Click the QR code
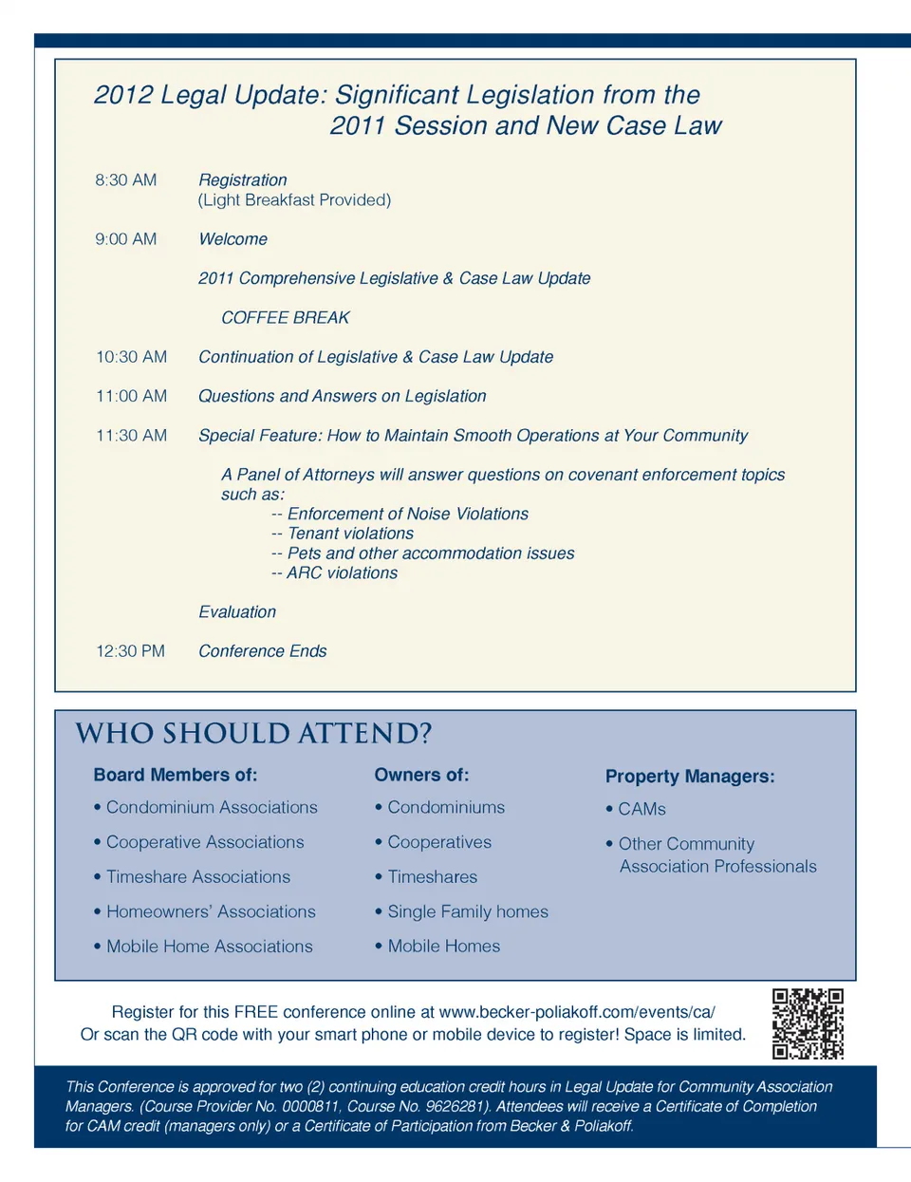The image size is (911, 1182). click(808, 1023)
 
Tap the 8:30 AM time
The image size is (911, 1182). click(126, 180)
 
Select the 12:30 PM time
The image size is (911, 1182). click(131, 651)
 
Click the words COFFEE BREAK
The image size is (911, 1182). click(286, 318)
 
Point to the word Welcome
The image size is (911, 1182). click(232, 239)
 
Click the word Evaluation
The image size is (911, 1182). click(237, 612)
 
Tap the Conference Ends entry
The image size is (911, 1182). click(262, 651)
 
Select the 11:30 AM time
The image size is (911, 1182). click(132, 436)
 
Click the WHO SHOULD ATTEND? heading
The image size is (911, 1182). click(253, 734)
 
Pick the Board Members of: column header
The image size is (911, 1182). click(176, 775)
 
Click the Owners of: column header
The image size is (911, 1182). click(421, 775)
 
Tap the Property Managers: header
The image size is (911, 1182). click(690, 777)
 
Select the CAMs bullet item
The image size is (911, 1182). click(641, 809)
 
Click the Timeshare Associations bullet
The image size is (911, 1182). click(197, 877)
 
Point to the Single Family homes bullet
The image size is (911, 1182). click(467, 911)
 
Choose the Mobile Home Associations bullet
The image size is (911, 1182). click(209, 947)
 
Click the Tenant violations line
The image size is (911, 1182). click(350, 534)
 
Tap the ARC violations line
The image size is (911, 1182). click(342, 573)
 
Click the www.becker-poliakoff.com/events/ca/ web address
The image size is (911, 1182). click(577, 1012)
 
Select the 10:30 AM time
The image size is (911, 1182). click(132, 357)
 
